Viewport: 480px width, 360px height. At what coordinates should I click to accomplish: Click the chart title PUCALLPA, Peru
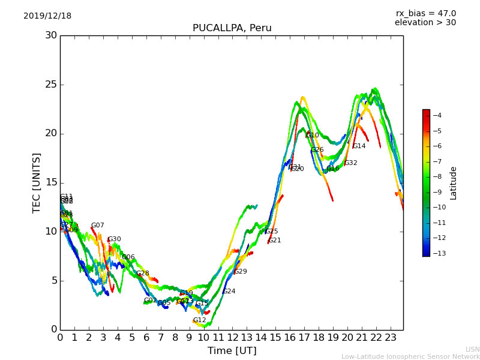click(232, 28)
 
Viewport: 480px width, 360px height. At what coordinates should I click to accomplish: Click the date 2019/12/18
click(47, 16)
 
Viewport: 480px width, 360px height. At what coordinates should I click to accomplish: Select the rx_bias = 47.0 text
click(425, 14)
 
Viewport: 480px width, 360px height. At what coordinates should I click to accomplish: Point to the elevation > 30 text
click(425, 23)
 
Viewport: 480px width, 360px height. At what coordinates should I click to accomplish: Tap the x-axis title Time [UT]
click(232, 351)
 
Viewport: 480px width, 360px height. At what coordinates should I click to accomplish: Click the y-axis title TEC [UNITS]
click(37, 182)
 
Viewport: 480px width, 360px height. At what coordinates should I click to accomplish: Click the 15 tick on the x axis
click(275, 338)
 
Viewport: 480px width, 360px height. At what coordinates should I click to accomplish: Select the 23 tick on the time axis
click(391, 338)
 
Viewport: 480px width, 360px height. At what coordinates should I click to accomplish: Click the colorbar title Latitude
click(454, 182)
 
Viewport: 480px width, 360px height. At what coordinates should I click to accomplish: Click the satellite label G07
click(98, 226)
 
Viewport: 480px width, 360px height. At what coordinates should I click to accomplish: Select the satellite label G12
click(199, 320)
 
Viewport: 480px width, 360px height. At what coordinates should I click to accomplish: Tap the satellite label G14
click(359, 146)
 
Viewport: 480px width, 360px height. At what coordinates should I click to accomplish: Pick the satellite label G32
click(350, 163)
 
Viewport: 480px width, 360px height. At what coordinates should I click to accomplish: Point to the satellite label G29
click(240, 272)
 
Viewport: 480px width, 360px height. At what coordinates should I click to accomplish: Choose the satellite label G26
click(317, 150)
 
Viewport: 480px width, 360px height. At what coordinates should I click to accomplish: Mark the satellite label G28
click(143, 274)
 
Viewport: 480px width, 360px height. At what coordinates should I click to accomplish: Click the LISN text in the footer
click(473, 349)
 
